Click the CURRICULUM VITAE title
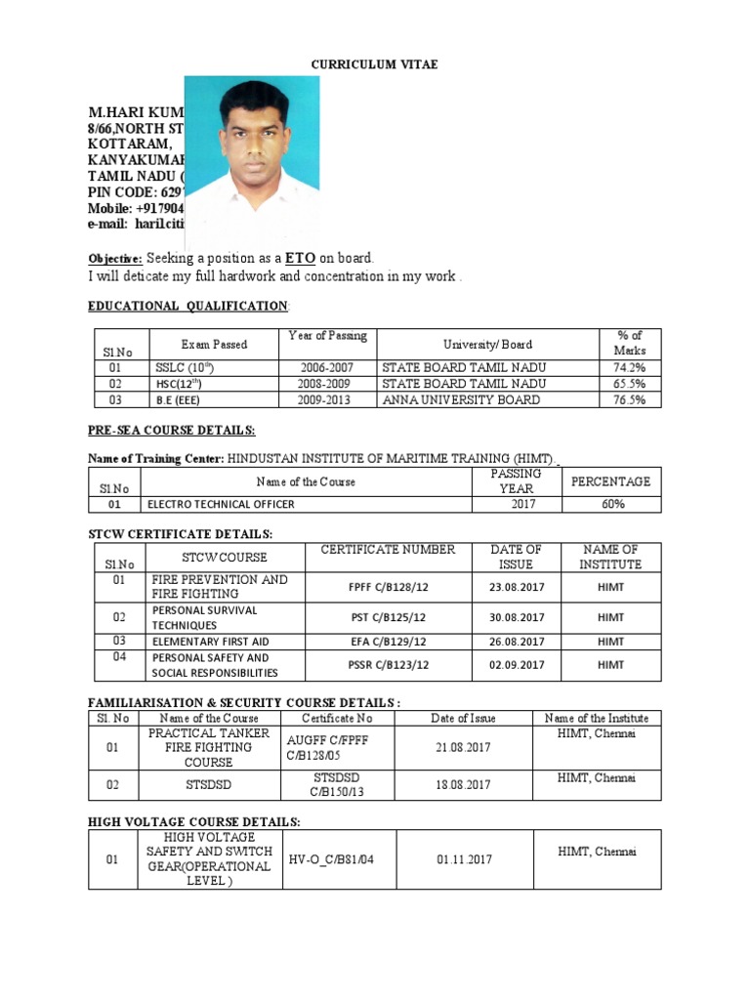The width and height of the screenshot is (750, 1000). pyautogui.click(x=374, y=64)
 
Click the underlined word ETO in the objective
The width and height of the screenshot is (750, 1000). pyautogui.click(x=300, y=258)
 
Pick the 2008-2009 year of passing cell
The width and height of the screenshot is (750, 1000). pyautogui.click(x=326, y=384)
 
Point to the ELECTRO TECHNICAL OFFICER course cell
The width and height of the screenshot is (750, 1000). pyautogui.click(x=221, y=504)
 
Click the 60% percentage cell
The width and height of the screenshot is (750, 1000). pyautogui.click(x=609, y=504)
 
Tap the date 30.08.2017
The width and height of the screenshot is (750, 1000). pyautogui.click(x=516, y=617)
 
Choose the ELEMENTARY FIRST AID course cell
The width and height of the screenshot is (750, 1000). pyautogui.click(x=210, y=642)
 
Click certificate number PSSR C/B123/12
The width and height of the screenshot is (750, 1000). pyautogui.click(x=387, y=665)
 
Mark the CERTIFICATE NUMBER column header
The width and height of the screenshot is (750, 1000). pyautogui.click(x=387, y=550)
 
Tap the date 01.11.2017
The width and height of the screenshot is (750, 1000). pyautogui.click(x=463, y=859)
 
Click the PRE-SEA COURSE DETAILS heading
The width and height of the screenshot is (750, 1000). pyautogui.click(x=172, y=431)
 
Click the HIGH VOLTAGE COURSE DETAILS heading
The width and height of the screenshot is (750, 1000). pyautogui.click(x=194, y=821)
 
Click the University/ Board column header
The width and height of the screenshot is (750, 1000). pyautogui.click(x=487, y=344)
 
